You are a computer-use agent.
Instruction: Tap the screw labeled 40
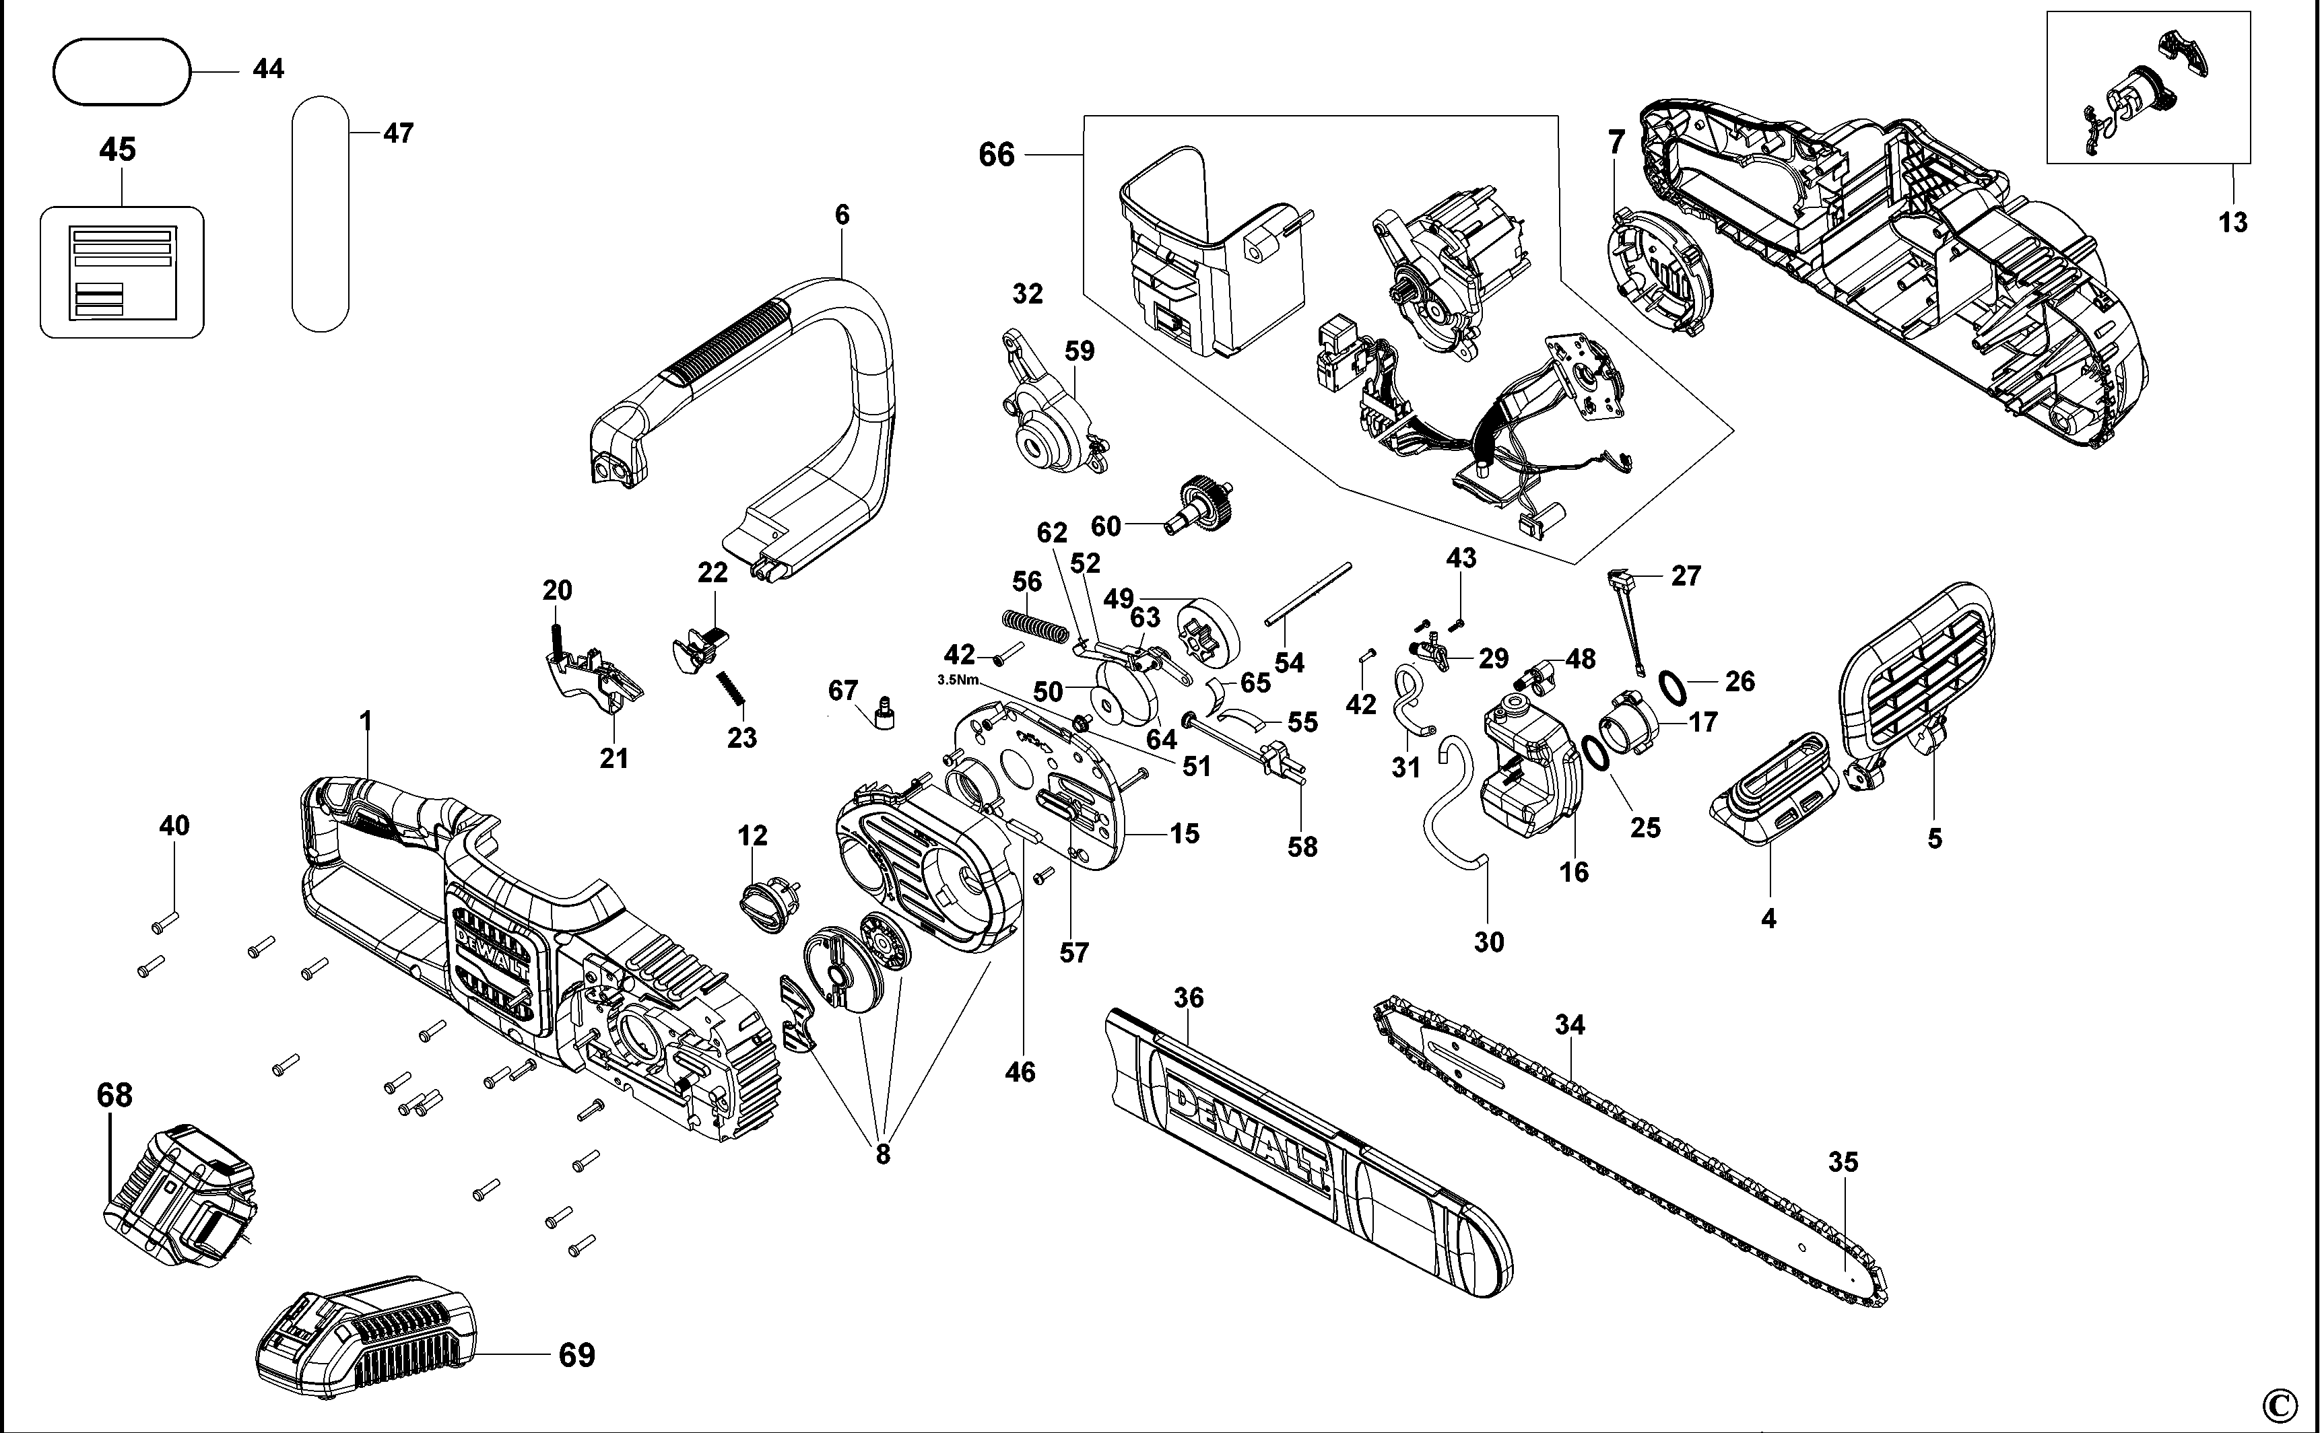pyautogui.click(x=166, y=917)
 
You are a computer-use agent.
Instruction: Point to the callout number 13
pyautogui.click(x=2232, y=223)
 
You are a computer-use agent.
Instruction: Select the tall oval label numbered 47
pyautogui.click(x=321, y=213)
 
